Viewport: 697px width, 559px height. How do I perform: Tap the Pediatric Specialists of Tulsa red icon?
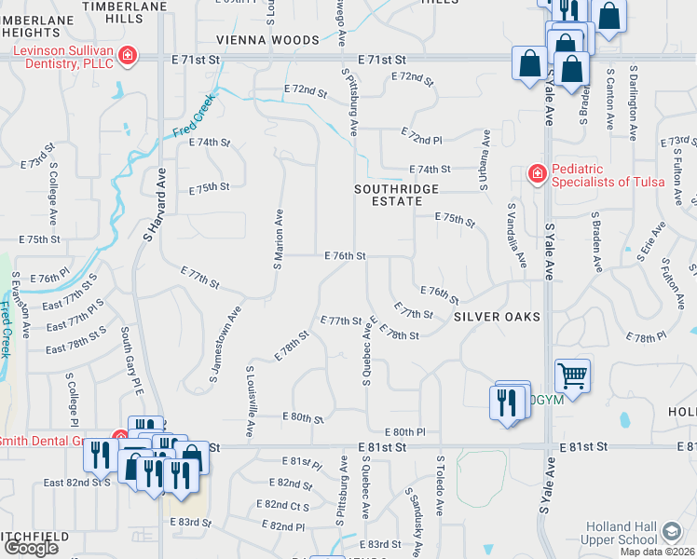[x=537, y=173]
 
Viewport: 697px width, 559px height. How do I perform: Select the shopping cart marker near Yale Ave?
[x=572, y=376]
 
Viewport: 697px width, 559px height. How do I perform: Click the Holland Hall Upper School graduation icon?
[x=671, y=532]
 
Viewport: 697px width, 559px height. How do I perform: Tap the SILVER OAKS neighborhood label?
[x=497, y=317]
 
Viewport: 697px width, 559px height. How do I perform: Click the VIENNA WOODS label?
[x=267, y=40]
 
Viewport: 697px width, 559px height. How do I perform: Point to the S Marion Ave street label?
[x=278, y=239]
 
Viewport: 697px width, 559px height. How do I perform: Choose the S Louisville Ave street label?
[x=251, y=402]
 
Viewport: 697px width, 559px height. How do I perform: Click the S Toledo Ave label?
[x=440, y=485]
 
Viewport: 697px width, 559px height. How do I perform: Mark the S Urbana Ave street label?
[x=485, y=159]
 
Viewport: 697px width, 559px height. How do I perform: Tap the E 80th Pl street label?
[x=408, y=432]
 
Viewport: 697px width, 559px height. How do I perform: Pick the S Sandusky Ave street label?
[x=416, y=515]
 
